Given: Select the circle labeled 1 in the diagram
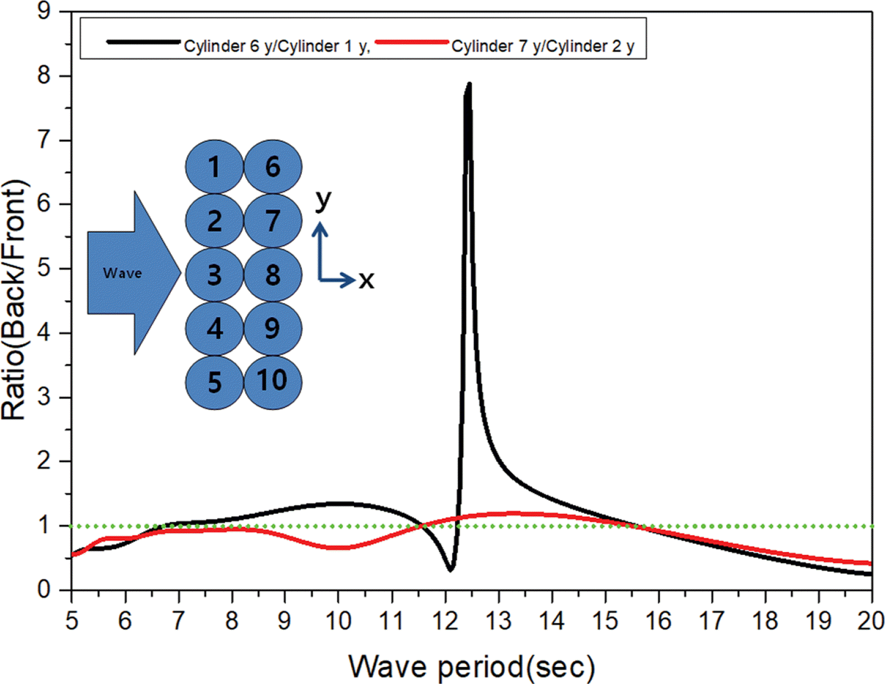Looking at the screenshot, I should click(x=214, y=167).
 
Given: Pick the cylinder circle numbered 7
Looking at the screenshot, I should click(x=272, y=221).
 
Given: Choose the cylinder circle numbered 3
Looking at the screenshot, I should click(x=214, y=274).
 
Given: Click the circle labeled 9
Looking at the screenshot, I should click(x=272, y=329).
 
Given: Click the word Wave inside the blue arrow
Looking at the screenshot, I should click(x=122, y=273).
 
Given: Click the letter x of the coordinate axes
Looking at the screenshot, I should click(x=366, y=280).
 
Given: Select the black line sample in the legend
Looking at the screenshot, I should click(x=143, y=42).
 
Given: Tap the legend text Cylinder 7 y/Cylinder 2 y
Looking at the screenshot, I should click(x=543, y=46).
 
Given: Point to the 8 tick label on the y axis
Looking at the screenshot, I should click(x=44, y=75).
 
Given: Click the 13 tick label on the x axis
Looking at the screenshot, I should click(x=498, y=620).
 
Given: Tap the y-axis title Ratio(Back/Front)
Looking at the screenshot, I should click(x=15, y=300).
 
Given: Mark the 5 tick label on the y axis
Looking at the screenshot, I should click(x=44, y=268).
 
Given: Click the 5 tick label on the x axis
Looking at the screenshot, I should click(x=71, y=620).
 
